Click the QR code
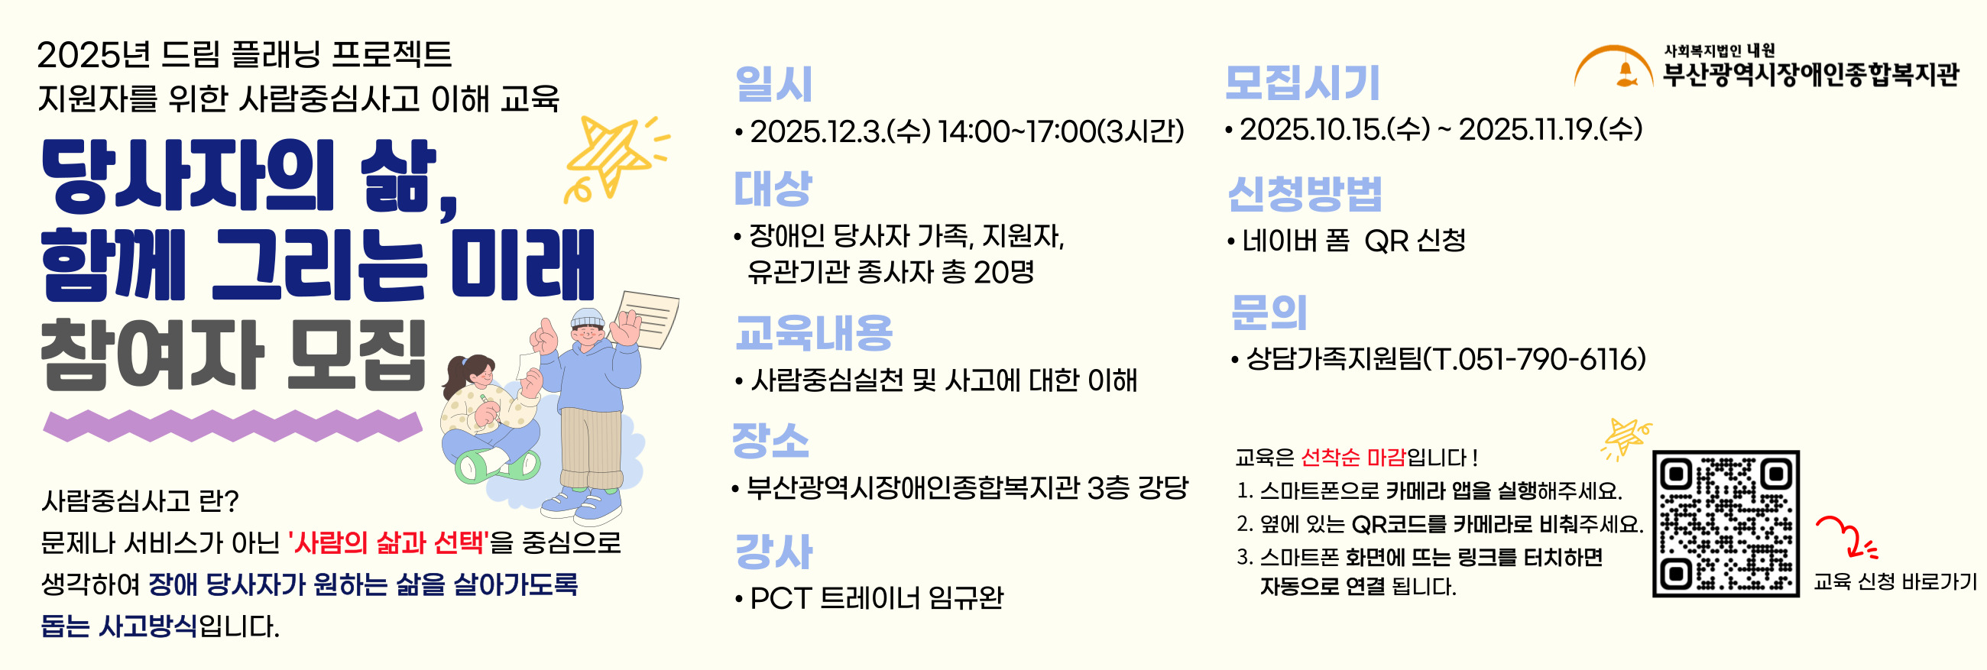(1726, 523)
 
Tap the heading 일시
(773, 83)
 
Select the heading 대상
(773, 189)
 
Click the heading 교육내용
(814, 332)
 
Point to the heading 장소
(770, 440)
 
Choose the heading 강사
(773, 552)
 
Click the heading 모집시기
(1302, 83)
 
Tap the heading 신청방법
(1305, 193)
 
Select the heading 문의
(1269, 312)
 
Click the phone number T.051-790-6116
(1535, 358)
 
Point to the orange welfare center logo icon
(1613, 67)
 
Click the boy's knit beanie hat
(588, 318)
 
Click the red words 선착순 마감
(1353, 457)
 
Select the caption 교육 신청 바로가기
(1895, 581)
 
